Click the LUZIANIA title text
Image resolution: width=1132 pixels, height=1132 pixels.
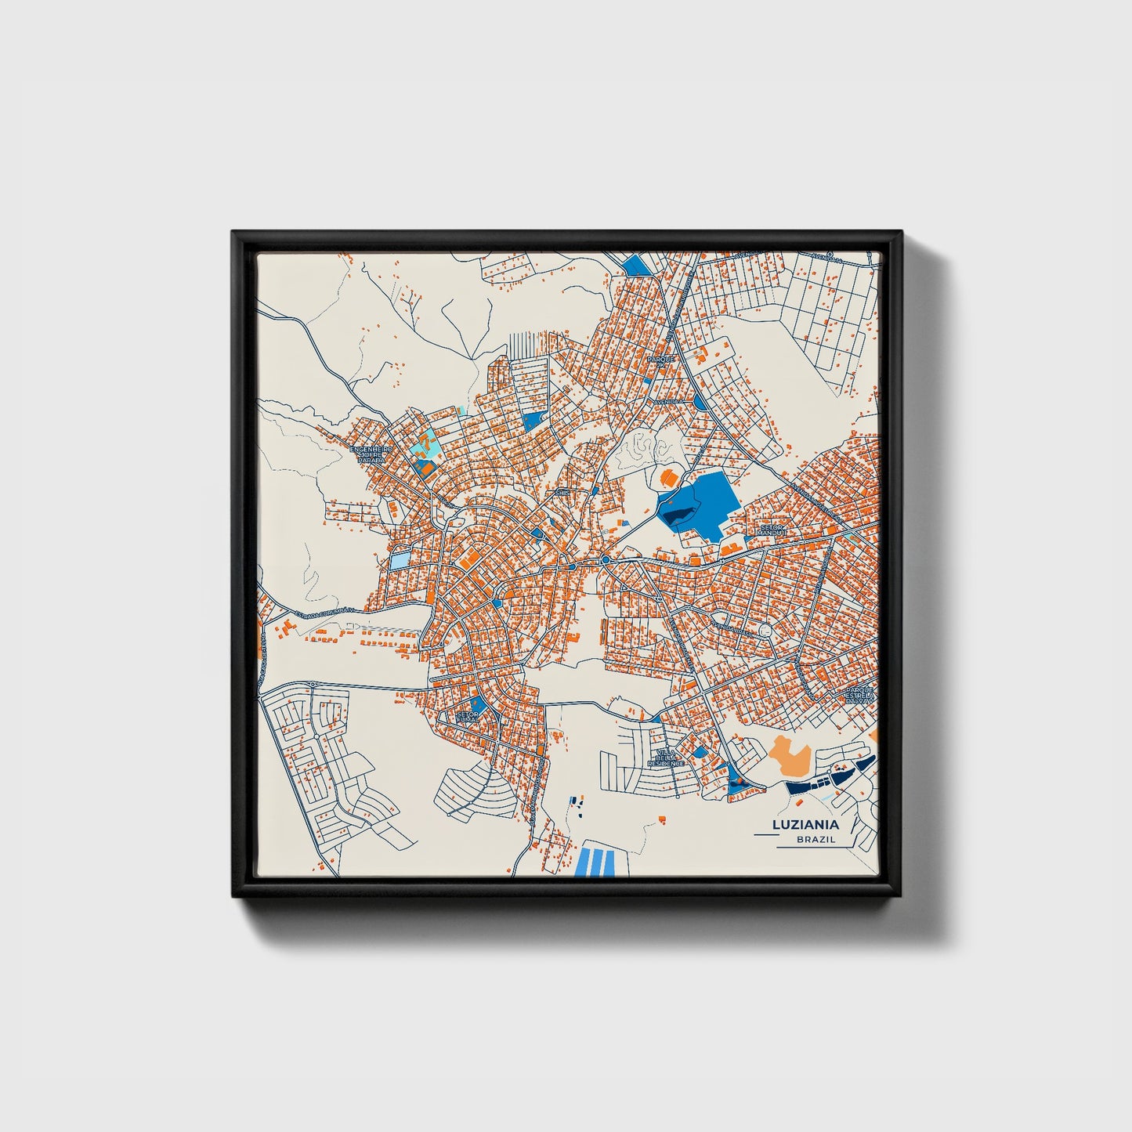click(x=805, y=824)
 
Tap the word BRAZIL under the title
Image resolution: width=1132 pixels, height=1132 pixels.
click(x=816, y=840)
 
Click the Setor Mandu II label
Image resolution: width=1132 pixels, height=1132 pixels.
click(x=772, y=530)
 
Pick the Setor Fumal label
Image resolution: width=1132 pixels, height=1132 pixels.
click(x=467, y=717)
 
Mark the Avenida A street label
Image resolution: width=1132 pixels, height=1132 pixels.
click(x=669, y=400)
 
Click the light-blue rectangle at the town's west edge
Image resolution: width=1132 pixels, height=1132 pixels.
click(x=400, y=561)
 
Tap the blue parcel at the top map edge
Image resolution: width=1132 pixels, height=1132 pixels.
click(x=638, y=266)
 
